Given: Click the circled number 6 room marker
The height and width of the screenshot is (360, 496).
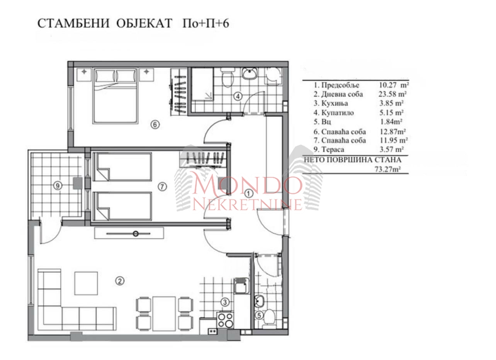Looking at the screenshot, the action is pyautogui.click(x=155, y=125).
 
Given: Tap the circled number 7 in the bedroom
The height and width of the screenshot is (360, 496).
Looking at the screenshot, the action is pyautogui.click(x=162, y=187).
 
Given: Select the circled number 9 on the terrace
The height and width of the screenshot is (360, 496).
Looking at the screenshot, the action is pyautogui.click(x=58, y=185).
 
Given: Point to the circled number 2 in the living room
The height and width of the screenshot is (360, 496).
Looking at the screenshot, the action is pyautogui.click(x=120, y=281).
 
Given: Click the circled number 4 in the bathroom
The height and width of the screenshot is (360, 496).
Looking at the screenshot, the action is pyautogui.click(x=238, y=96).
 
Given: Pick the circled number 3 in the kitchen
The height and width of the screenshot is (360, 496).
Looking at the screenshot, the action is pyautogui.click(x=225, y=302).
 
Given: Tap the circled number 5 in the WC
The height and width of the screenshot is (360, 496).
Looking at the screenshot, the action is pyautogui.click(x=259, y=316).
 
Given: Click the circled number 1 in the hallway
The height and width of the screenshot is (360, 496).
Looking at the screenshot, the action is pyautogui.click(x=248, y=194).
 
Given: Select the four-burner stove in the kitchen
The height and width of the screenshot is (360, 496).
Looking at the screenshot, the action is pyautogui.click(x=225, y=320).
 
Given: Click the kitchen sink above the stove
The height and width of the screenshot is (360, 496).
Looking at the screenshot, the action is pyautogui.click(x=241, y=286).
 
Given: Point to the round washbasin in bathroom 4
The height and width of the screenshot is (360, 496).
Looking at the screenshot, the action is pyautogui.click(x=250, y=73).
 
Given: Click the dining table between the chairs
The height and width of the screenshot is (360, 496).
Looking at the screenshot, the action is pyautogui.click(x=164, y=314).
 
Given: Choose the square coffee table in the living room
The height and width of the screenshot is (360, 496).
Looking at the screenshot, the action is pyautogui.click(x=86, y=284).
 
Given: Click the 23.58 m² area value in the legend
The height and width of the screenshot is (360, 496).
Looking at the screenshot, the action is pyautogui.click(x=392, y=94).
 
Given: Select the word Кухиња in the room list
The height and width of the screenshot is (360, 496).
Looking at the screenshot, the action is pyautogui.click(x=335, y=104).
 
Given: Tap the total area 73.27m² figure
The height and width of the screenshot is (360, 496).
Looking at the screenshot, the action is pyautogui.click(x=387, y=169).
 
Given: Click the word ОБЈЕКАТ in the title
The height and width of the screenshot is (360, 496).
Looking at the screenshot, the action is pyautogui.click(x=144, y=23).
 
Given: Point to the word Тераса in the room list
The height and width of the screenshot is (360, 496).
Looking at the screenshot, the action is pyautogui.click(x=333, y=149).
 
